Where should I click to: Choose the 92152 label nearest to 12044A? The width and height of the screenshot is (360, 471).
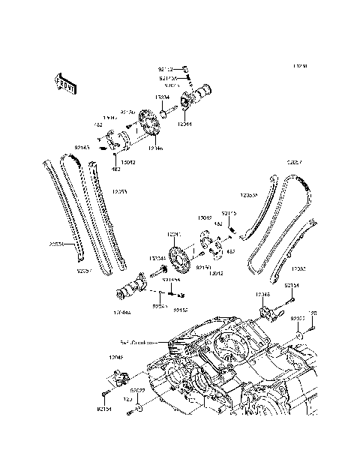181,309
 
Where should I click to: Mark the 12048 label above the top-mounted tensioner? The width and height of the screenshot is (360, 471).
262,295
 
